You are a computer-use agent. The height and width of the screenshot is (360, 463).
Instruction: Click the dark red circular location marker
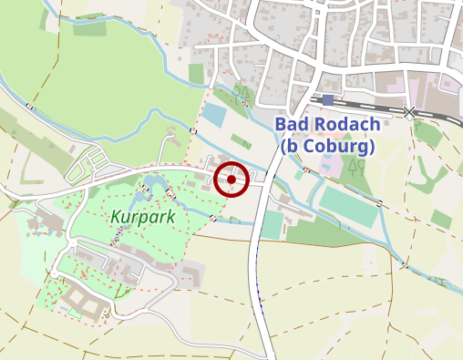232,180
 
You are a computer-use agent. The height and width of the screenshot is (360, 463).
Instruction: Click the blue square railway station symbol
328,99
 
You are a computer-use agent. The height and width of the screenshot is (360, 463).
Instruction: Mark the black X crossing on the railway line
409,111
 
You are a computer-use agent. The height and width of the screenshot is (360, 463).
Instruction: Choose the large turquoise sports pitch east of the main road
347,208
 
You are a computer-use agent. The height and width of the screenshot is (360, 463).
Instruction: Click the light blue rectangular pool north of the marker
212,116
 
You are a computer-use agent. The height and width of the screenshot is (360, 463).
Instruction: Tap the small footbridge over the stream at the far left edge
31,107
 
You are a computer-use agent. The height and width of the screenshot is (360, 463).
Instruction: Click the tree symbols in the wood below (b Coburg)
356,167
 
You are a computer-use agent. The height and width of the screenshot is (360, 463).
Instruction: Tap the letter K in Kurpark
116,218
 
